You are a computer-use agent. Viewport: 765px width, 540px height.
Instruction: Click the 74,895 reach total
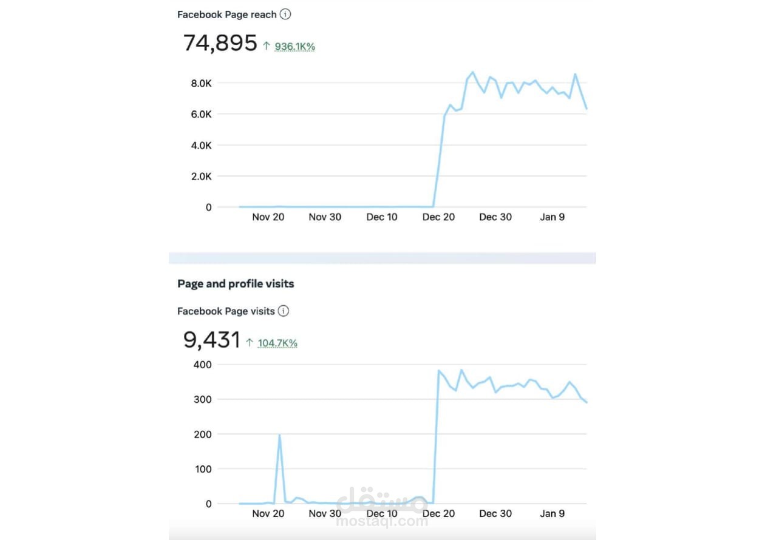tap(220, 44)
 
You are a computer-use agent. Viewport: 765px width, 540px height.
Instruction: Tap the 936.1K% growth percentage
tap(295, 46)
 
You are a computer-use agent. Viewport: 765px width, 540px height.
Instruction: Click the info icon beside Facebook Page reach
tap(285, 14)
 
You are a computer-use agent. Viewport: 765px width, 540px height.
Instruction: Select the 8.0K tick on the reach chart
tap(201, 83)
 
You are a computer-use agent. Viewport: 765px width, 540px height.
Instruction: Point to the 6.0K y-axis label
tap(201, 114)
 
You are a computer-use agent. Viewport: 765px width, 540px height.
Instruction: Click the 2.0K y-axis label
tap(201, 177)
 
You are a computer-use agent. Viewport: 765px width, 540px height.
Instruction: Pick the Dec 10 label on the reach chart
tap(382, 217)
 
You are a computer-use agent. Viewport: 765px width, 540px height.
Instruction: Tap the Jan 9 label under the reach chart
tap(552, 217)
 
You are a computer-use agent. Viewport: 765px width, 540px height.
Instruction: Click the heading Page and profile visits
tap(236, 283)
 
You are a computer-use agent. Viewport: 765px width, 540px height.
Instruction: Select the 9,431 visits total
tap(211, 340)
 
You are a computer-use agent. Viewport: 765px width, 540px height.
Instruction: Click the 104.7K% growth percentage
tap(277, 343)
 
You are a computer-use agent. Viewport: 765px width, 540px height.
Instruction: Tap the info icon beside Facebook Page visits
tap(284, 311)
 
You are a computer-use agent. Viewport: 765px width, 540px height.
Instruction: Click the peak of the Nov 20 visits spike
tap(279, 435)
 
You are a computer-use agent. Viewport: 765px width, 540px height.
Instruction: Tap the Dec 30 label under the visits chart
tap(495, 513)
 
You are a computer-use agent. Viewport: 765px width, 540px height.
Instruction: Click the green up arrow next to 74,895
tap(266, 46)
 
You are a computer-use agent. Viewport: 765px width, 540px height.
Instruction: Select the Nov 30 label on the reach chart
tap(325, 217)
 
